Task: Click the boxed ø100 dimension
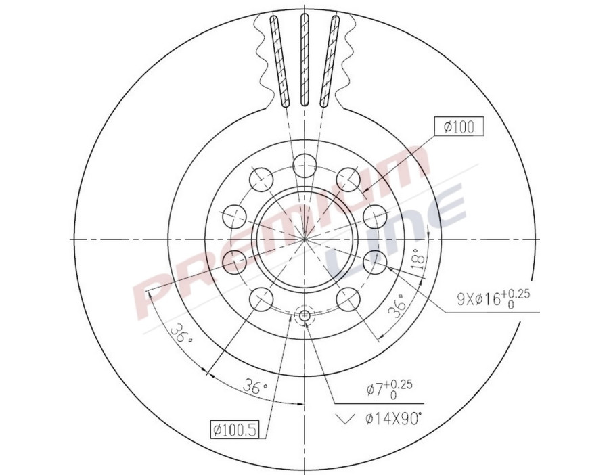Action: (x=459, y=127)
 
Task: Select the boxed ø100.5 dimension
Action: (x=235, y=430)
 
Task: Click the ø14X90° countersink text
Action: (x=393, y=419)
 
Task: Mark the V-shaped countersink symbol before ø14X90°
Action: (x=346, y=419)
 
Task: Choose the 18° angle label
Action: (x=418, y=259)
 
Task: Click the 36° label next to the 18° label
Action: (x=398, y=307)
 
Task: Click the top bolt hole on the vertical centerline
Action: (x=304, y=164)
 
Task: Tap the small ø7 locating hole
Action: (x=304, y=315)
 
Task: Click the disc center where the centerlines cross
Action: (x=304, y=240)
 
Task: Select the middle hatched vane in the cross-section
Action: (x=304, y=61)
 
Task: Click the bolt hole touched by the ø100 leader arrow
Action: (x=348, y=179)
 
